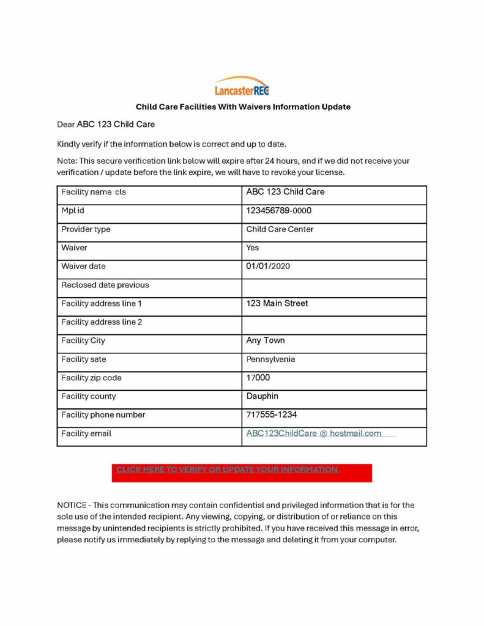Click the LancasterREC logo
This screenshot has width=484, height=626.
(242, 87)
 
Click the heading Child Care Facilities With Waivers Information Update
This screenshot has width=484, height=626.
(243, 106)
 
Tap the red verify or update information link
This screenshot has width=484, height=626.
(228, 469)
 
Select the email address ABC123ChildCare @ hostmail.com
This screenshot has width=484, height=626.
(313, 433)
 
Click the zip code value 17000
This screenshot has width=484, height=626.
(258, 378)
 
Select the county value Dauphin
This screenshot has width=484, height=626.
(262, 396)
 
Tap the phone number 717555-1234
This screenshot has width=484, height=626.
(272, 414)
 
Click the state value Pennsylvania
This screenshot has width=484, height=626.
(270, 359)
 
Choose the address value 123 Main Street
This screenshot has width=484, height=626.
(277, 303)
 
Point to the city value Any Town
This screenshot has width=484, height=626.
(266, 341)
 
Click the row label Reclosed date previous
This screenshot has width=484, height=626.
(105, 285)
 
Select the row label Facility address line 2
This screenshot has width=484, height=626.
(102, 322)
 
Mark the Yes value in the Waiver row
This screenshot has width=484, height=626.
(253, 248)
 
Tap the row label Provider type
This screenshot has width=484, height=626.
(86, 229)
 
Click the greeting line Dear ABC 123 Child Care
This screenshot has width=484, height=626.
(106, 124)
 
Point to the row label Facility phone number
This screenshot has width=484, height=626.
(103, 414)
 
